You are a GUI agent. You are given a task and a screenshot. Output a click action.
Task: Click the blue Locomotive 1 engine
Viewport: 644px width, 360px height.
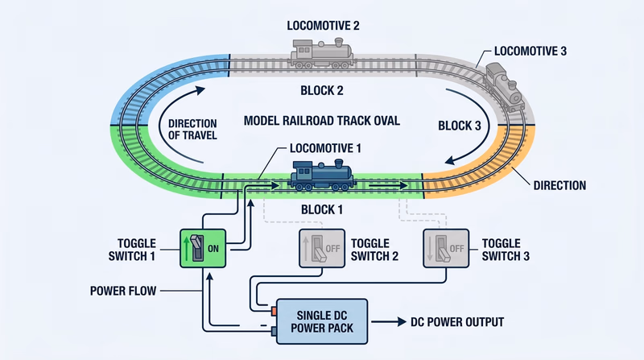tap(322, 175)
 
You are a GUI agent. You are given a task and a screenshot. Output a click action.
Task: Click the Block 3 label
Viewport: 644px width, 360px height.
tap(459, 125)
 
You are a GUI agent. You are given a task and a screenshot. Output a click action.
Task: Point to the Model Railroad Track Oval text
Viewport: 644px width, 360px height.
tap(323, 121)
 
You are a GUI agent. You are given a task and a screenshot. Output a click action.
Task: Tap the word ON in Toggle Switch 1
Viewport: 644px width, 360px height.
tap(213, 249)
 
